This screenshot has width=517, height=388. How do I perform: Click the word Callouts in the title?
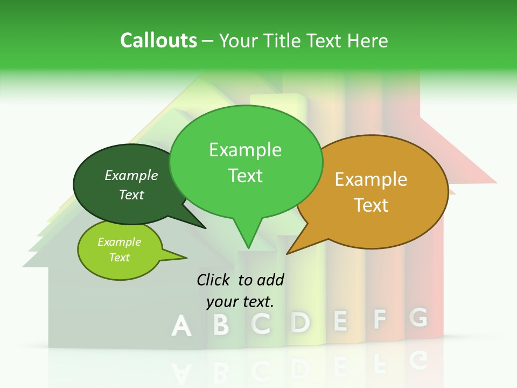[158, 40]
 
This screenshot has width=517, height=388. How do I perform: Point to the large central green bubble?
[246, 162]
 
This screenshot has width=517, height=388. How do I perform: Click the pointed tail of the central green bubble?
[248, 242]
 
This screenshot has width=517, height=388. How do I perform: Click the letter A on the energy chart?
[181, 327]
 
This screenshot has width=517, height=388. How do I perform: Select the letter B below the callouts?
[221, 324]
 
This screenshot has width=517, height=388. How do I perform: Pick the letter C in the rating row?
[261, 323]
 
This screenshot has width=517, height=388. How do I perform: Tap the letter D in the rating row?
[300, 322]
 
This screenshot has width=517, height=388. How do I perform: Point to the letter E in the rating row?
[340, 321]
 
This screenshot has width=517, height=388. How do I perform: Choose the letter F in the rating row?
[380, 320]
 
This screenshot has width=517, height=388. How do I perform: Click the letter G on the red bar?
[418, 317]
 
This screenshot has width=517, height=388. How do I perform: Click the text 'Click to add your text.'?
[240, 290]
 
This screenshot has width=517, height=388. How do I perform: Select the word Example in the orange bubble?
[371, 179]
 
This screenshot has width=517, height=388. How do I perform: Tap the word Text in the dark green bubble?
[131, 195]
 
